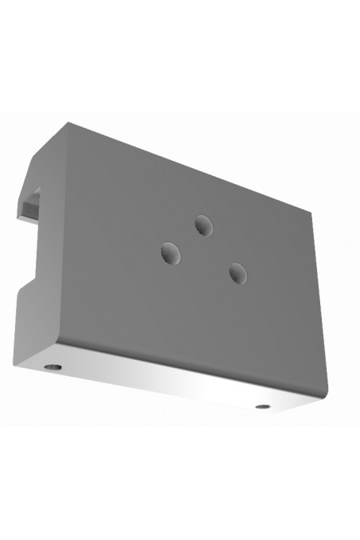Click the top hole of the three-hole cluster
tap(202, 226)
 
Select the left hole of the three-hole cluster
tap(170, 254)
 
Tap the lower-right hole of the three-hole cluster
tap(237, 273)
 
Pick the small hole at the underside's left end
tap(53, 367)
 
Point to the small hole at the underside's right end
tap(263, 407)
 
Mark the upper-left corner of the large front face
tap(70, 124)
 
